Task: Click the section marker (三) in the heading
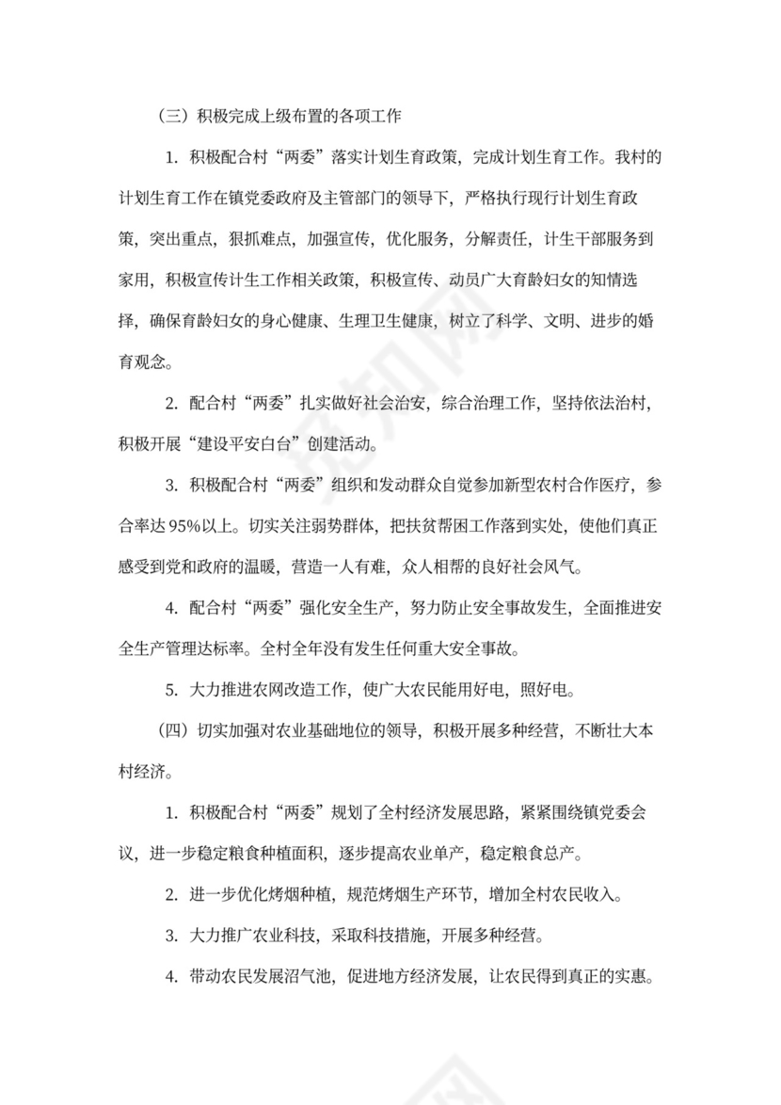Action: pyautogui.click(x=176, y=118)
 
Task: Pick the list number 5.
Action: pyautogui.click(x=171, y=689)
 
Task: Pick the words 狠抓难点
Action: pyautogui.click(x=256, y=239)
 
